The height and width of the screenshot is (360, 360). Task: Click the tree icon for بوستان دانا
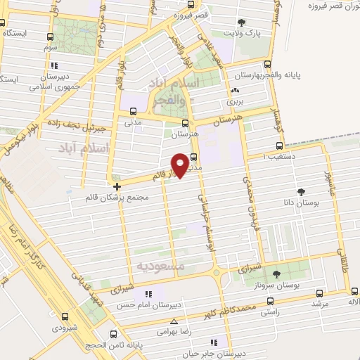[302, 191]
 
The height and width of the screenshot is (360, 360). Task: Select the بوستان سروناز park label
[275, 286]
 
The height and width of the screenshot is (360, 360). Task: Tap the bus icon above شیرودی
[65, 316]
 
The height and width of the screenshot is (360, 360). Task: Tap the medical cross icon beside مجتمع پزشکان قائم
[117, 186]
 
